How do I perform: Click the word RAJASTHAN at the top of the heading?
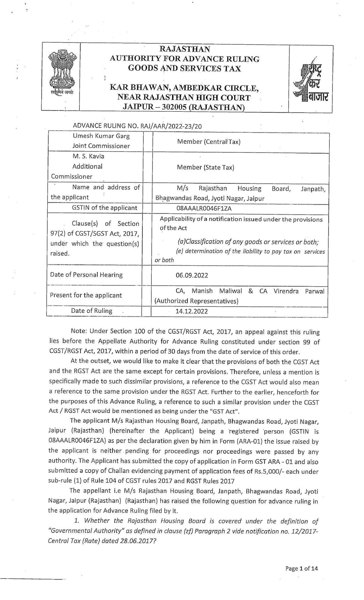pyautogui.click(x=184, y=49)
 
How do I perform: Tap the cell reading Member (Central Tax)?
pyautogui.click(x=209, y=142)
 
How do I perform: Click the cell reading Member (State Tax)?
pyautogui.click(x=205, y=167)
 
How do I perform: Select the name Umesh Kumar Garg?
pyautogui.click(x=101, y=136)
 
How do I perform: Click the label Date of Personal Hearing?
pyautogui.click(x=86, y=275)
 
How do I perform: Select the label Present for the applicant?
pyautogui.click(x=86, y=295)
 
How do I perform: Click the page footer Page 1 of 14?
pyautogui.click(x=301, y=569)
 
